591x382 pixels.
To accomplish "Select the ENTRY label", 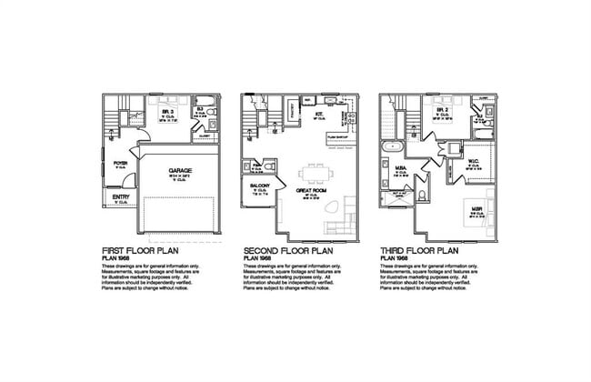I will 120,196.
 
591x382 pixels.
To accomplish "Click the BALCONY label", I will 257,186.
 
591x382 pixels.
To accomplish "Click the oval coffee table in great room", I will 334,211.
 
